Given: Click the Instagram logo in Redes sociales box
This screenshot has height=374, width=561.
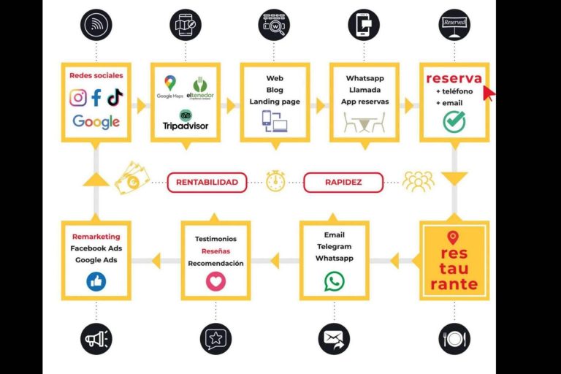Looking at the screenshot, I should tap(78, 98).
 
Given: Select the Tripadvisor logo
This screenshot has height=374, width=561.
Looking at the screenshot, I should tap(185, 121).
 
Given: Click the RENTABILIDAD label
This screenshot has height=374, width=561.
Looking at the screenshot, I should tap(207, 182).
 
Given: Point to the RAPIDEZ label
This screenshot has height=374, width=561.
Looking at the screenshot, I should tap(343, 182).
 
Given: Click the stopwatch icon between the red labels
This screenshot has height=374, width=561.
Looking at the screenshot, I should tap(275, 181).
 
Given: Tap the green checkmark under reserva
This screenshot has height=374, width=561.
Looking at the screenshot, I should tap(454, 122).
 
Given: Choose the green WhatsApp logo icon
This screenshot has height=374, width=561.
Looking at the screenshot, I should tap(335, 281).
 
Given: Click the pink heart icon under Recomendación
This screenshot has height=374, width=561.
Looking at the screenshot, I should tap(215, 281).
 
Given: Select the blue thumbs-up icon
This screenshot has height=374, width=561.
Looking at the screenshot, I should tap(96, 281).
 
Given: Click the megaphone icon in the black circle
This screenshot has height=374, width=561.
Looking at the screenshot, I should tap(96, 339).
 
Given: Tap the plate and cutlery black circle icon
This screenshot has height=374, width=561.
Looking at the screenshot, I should tap(454, 339).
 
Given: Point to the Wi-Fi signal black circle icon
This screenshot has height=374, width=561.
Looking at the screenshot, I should tap(96, 25).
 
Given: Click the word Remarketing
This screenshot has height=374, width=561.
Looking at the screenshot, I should tap(96, 237).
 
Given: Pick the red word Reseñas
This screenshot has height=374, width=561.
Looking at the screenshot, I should tap(215, 251).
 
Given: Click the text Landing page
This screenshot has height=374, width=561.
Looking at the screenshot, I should tap(275, 102).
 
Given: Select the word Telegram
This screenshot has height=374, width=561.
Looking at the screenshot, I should tap(334, 247).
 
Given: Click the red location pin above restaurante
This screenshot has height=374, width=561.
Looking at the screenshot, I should tap(453, 237).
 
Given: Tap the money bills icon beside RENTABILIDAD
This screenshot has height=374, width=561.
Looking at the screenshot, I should tap(131, 178).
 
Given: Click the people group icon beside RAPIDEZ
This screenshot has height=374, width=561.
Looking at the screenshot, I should tap(419, 182).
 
